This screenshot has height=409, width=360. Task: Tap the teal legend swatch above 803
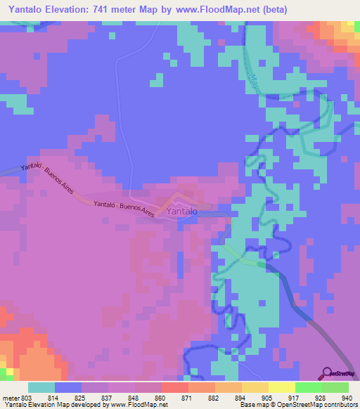[41, 387]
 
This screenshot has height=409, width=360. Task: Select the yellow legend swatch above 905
[255, 387]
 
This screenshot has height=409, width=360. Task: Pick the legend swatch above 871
[174, 387]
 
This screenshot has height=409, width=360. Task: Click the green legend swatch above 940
[335, 387]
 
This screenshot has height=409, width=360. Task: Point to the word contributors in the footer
[340, 405]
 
